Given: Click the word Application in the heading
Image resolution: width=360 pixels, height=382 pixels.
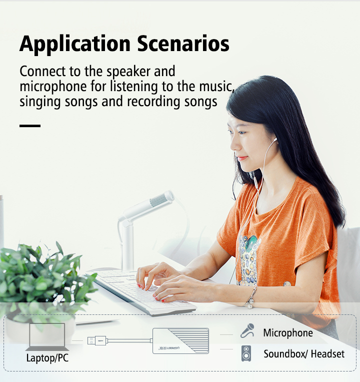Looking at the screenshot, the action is pyautogui.click(x=75, y=45).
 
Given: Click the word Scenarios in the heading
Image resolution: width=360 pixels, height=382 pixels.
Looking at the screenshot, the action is pyautogui.click(x=183, y=44).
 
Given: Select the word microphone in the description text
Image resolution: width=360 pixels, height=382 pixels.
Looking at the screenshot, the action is pyautogui.click(x=53, y=87).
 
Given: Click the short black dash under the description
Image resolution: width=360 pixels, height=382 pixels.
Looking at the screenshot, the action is pyautogui.click(x=30, y=126).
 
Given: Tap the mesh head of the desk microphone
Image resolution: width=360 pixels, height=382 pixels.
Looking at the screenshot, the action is pyautogui.click(x=159, y=199).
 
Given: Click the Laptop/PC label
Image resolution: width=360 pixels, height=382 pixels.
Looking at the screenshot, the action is pyautogui.click(x=47, y=358).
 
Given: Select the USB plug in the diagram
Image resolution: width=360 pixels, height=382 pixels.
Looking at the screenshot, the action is pyautogui.click(x=97, y=340).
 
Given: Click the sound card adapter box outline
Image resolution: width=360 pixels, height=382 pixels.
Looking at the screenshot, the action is pyautogui.click(x=180, y=341).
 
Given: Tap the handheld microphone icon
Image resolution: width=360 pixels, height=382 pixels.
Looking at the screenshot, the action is pyautogui.click(x=247, y=330).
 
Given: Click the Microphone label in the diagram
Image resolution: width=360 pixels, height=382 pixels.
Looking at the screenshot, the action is pyautogui.click(x=288, y=333).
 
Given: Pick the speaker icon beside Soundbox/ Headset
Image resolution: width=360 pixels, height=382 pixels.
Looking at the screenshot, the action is pyautogui.click(x=246, y=353).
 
